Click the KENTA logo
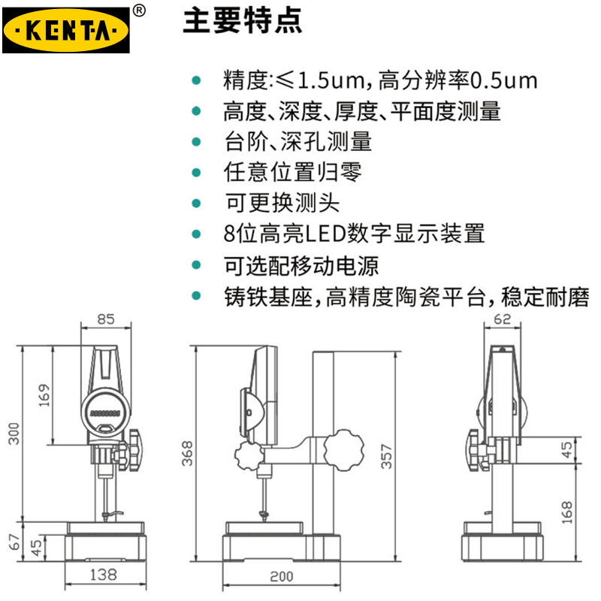66,30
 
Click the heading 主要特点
243,20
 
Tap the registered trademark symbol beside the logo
139,11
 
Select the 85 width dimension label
106,319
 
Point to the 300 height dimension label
14,433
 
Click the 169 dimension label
44,395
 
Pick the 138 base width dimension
104,575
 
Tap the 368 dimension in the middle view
187,454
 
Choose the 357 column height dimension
386,457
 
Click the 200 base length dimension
282,576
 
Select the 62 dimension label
502,319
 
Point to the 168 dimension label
567,512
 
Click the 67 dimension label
14,542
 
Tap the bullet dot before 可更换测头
196,203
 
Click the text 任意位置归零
292,172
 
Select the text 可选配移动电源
301,266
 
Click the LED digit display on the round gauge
105,414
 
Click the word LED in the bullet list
326,234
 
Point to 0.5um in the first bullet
503,81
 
